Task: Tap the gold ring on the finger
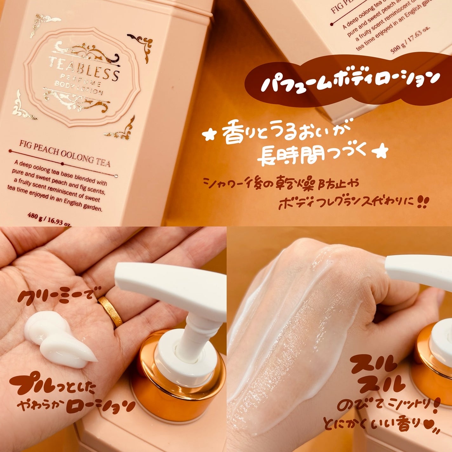110,311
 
